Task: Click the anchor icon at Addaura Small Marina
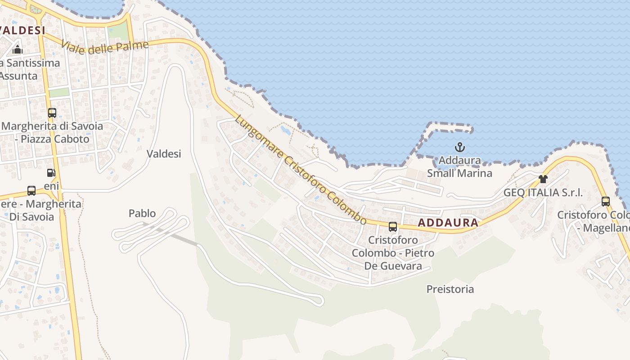459,147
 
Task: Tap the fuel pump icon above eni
51,172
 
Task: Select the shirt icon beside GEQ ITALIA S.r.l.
543,179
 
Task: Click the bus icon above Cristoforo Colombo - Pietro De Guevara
393,226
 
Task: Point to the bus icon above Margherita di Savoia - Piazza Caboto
52,112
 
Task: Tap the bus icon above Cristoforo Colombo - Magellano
606,201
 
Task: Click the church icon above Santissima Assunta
18,49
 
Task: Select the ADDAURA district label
448,222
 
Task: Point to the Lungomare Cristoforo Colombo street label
301,170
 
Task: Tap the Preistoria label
450,289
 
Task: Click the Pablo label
142,213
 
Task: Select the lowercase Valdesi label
164,154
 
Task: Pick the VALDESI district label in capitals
22,31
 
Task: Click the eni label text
51,185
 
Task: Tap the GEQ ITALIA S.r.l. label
543,193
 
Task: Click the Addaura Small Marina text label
459,166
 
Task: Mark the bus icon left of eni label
31,191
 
